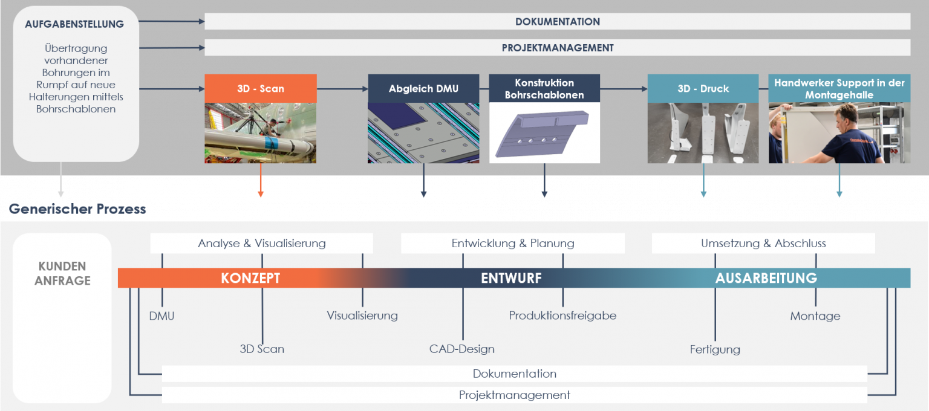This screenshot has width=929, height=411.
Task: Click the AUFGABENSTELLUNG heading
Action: pyautogui.click(x=74, y=25)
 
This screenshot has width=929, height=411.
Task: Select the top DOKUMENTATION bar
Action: pyautogui.click(x=557, y=22)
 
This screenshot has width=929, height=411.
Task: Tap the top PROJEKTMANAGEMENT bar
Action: pyautogui.click(x=557, y=48)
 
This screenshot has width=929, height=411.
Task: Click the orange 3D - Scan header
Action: pyautogui.click(x=260, y=88)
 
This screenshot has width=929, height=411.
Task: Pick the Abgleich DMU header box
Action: pyautogui.click(x=423, y=88)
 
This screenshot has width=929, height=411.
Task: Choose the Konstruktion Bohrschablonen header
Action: pyautogui.click(x=544, y=88)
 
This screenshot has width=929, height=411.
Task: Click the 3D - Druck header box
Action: pyautogui.click(x=703, y=88)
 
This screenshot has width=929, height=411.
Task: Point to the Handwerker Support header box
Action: pyautogui.click(x=839, y=88)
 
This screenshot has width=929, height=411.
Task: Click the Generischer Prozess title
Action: pyautogui.click(x=77, y=209)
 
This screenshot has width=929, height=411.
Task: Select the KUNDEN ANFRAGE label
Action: pyautogui.click(x=62, y=273)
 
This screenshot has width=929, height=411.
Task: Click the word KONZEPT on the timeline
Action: pyautogui.click(x=250, y=278)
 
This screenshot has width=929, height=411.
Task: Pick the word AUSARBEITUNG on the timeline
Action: pyautogui.click(x=766, y=278)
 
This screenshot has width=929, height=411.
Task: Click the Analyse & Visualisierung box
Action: pyautogui.click(x=261, y=244)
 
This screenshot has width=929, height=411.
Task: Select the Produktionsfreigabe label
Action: pyautogui.click(x=562, y=316)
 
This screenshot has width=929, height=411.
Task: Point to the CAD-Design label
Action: pyautogui.click(x=462, y=349)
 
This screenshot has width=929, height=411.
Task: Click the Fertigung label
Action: pyautogui.click(x=715, y=349)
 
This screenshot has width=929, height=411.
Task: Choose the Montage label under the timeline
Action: pyautogui.click(x=815, y=316)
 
